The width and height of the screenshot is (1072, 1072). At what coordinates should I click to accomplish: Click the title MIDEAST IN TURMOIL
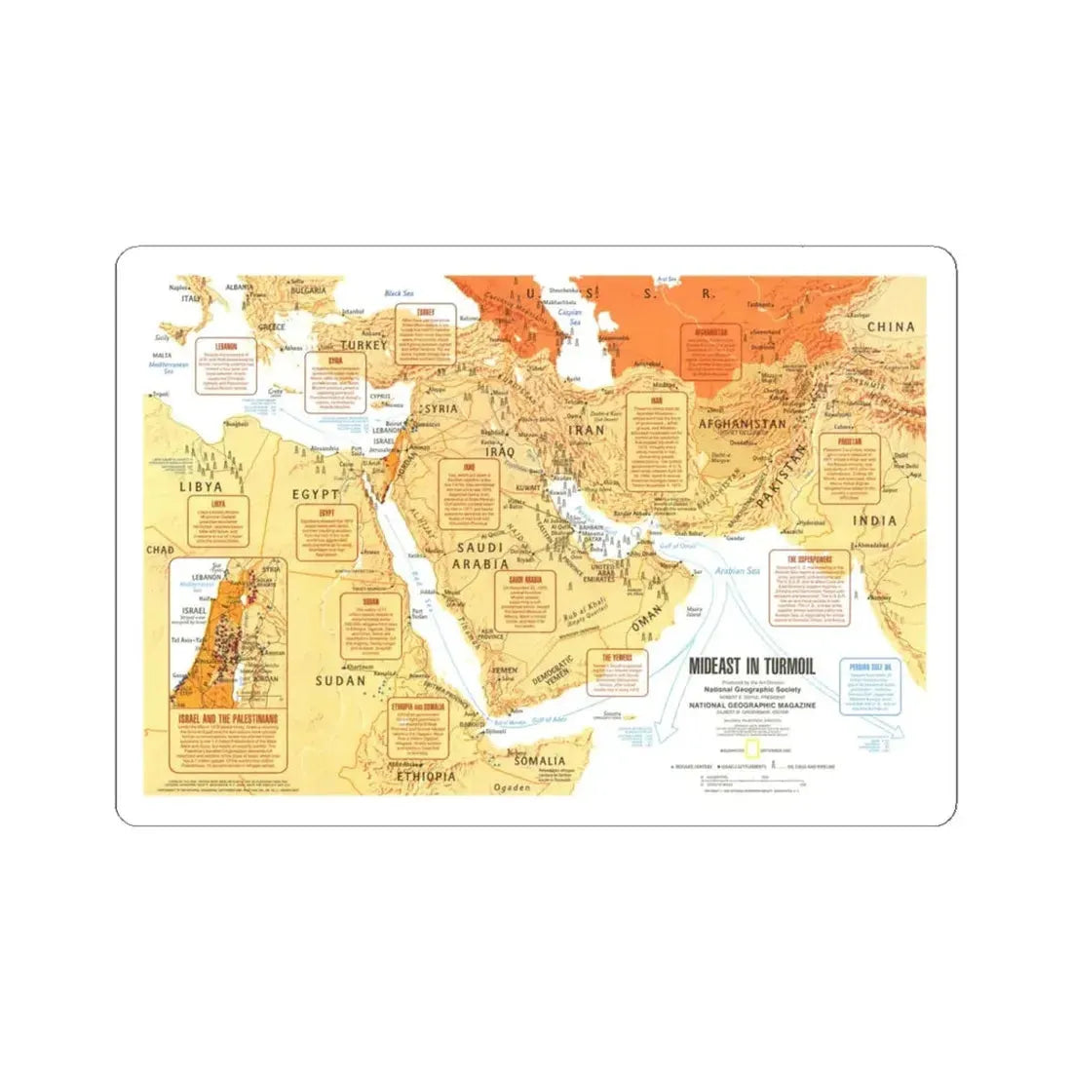[751, 668]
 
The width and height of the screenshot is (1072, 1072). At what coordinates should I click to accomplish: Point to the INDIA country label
[874, 521]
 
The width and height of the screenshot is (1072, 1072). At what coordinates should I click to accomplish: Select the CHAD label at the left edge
[159, 551]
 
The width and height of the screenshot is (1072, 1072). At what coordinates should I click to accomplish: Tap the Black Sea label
[400, 293]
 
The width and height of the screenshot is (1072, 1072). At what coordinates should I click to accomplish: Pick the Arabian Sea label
[738, 572]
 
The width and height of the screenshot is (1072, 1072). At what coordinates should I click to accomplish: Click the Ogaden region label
[513, 785]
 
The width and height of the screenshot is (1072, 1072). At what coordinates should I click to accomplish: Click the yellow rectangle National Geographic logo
[751, 749]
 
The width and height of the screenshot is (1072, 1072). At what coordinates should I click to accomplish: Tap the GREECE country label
[269, 326]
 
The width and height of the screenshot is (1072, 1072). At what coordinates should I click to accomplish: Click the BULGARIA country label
[308, 291]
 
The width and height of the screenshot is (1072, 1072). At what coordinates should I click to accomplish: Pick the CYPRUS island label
[379, 396]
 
